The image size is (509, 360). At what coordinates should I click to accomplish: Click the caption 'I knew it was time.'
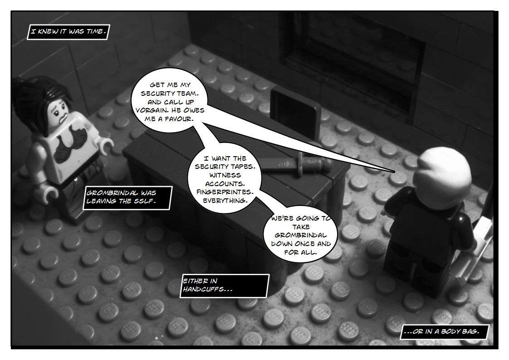click(69, 32)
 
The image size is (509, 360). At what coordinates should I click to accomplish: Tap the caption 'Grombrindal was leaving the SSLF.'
click(127, 197)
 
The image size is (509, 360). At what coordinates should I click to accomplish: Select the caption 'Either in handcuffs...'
click(224, 286)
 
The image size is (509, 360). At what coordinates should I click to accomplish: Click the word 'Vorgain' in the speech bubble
click(155, 110)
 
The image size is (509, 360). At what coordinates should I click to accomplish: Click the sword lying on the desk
click(294, 164)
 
